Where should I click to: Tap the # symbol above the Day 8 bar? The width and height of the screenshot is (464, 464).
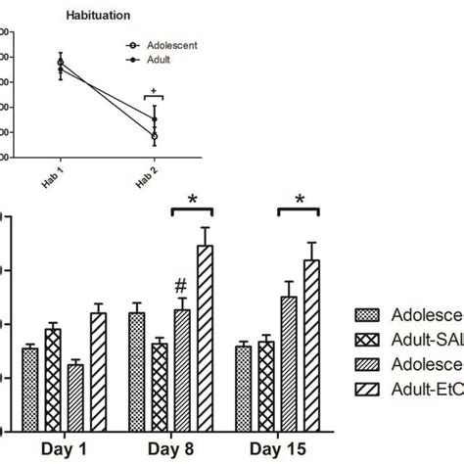pos(181,286)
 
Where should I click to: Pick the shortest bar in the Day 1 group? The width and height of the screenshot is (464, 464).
pos(74,396)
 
